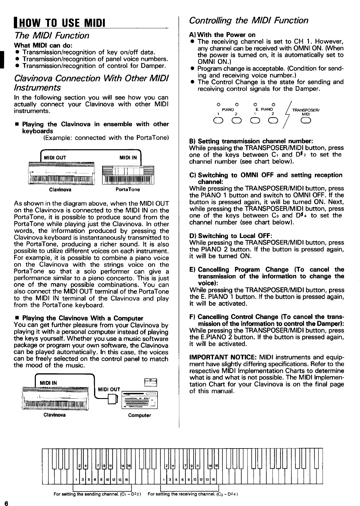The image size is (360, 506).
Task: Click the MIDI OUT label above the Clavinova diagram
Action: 55,157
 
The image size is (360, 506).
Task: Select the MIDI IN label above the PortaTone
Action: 128,157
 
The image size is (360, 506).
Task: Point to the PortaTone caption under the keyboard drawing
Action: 128,190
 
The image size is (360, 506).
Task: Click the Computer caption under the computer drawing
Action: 139,415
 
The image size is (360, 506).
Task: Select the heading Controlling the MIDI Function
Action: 249,20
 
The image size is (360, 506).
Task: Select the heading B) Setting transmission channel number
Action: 251,141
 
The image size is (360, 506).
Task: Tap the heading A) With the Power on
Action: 222,34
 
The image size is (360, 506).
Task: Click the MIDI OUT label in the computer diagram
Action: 109,389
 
